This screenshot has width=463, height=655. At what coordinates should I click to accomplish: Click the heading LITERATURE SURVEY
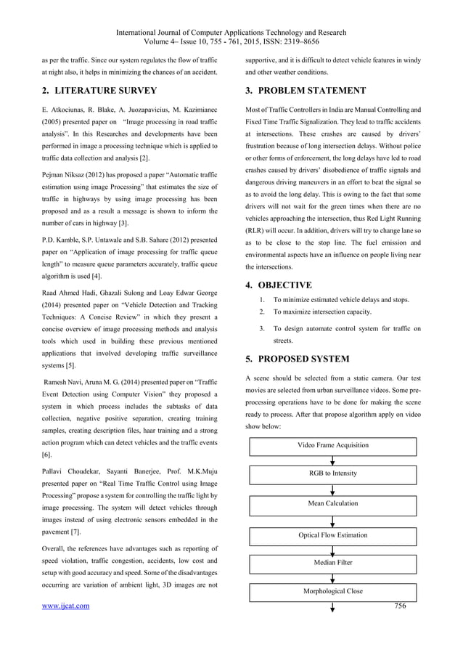99,91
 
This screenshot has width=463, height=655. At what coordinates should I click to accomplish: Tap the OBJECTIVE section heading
278,285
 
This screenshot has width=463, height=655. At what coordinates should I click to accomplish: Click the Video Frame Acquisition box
333,445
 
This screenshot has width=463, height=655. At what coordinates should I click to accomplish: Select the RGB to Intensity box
333,474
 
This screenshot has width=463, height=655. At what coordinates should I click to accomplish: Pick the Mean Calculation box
333,503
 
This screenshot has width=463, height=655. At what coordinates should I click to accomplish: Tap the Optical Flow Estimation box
333,535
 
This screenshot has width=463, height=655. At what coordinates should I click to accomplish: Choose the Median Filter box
333,563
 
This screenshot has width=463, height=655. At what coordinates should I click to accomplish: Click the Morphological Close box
333,591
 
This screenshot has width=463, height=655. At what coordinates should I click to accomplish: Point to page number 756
401,605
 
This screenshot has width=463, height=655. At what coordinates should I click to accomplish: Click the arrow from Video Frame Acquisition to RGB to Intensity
333,460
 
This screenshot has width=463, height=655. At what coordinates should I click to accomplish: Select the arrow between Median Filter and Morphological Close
333,577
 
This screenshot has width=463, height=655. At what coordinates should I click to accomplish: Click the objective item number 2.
261,312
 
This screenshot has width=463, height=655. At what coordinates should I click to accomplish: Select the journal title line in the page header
231,33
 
